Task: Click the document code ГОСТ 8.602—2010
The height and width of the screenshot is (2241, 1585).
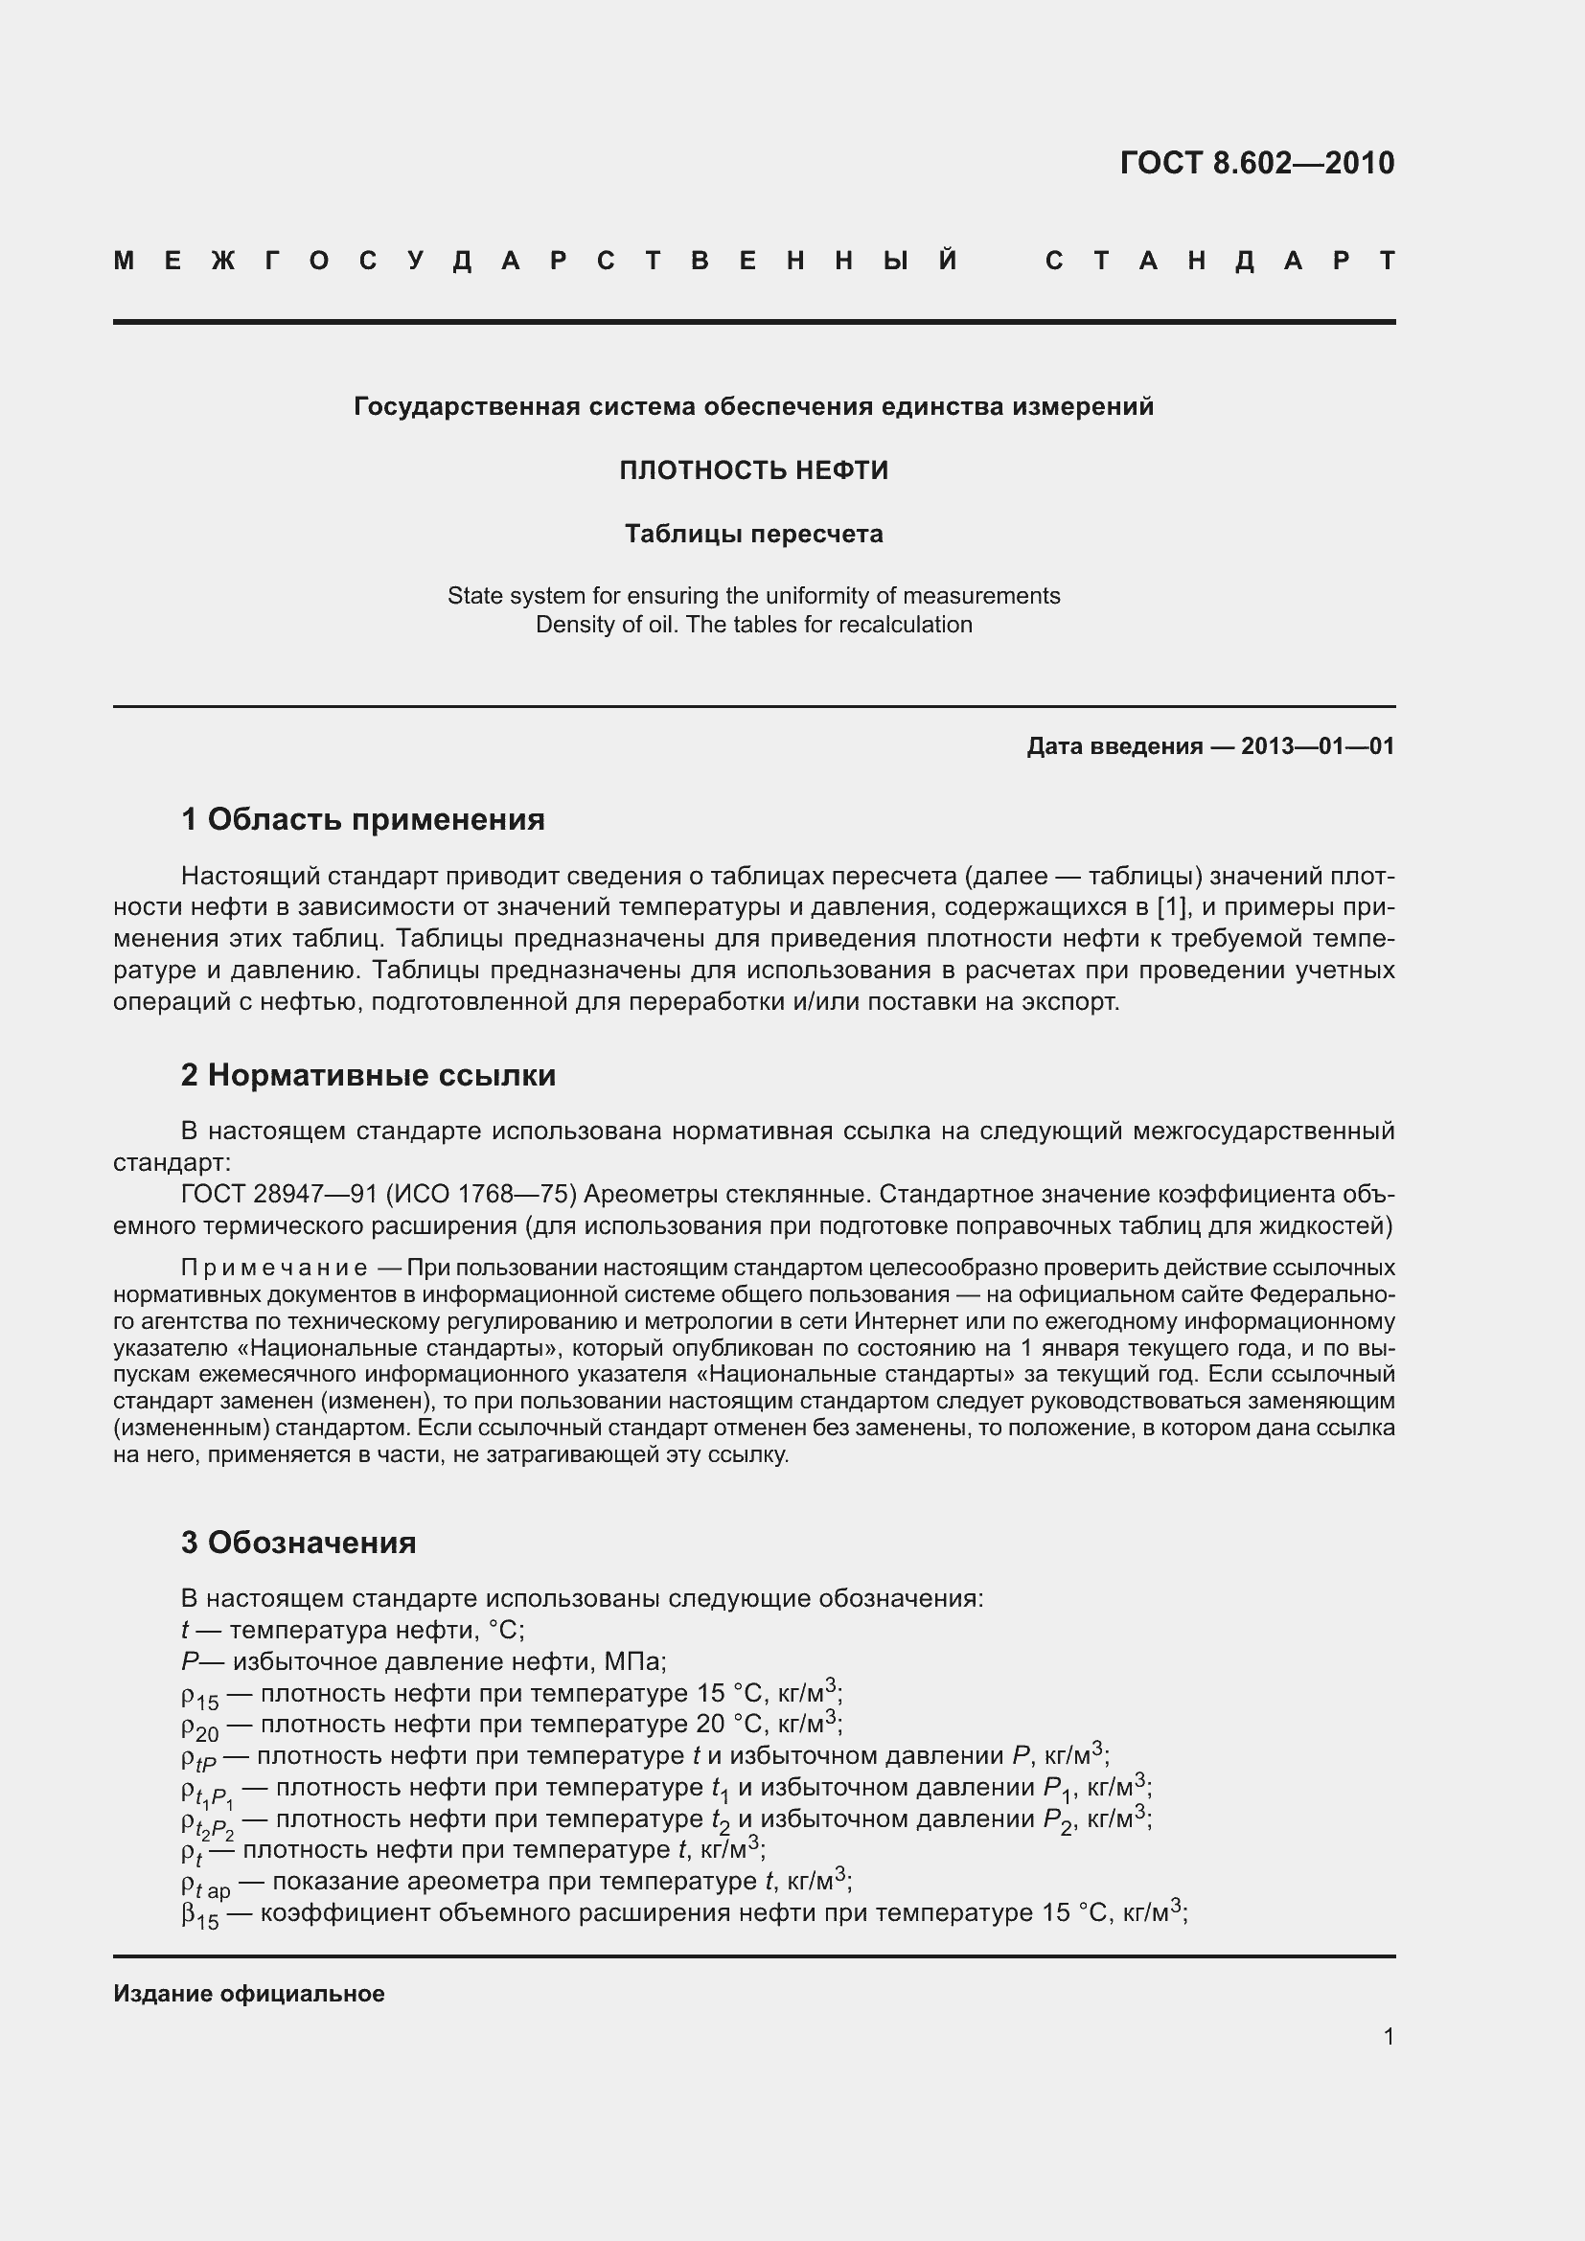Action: point(1257,163)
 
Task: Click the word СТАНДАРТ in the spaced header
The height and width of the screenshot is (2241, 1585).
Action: point(1220,262)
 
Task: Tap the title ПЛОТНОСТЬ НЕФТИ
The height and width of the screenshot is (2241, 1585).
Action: point(753,470)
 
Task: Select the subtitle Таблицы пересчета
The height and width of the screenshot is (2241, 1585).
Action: point(753,534)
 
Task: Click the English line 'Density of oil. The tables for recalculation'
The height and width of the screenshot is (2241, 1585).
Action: point(753,625)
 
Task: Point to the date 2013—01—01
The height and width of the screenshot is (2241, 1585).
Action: point(1318,746)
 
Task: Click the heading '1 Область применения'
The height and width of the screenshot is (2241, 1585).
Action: point(362,820)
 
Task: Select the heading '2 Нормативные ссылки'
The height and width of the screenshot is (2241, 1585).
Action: point(368,1076)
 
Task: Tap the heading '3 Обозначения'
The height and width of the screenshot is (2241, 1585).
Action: point(298,1543)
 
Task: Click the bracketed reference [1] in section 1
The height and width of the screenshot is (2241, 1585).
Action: point(1171,906)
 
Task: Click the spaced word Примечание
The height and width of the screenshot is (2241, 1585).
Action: point(274,1268)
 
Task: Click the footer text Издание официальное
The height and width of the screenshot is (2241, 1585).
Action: point(249,1994)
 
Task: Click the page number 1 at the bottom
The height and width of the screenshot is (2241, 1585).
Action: point(1389,2037)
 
